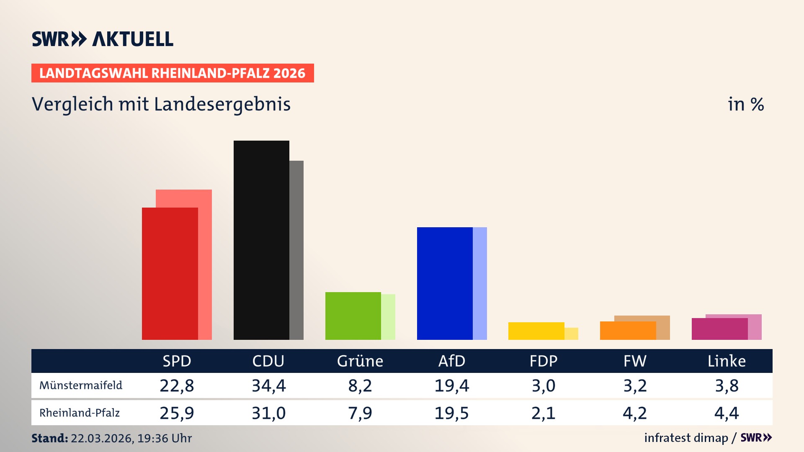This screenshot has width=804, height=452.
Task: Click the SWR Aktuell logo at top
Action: pyautogui.click(x=102, y=39)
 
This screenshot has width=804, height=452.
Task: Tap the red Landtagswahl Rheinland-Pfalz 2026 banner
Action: pyautogui.click(x=173, y=73)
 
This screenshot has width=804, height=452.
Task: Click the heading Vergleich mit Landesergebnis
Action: pyautogui.click(x=161, y=104)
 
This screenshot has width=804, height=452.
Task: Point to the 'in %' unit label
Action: pyautogui.click(x=745, y=104)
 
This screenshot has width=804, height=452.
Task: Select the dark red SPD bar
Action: pyautogui.click(x=170, y=274)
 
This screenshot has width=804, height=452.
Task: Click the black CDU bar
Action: pyautogui.click(x=261, y=241)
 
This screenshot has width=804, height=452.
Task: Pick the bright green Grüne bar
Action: pyautogui.click(x=353, y=316)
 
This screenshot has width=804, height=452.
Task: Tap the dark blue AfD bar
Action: pyautogui.click(x=445, y=284)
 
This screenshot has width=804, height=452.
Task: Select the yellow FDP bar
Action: pyautogui.click(x=536, y=331)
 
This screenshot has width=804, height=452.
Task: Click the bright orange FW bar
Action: pyautogui.click(x=628, y=331)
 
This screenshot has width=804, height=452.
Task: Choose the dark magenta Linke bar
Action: pyautogui.click(x=719, y=329)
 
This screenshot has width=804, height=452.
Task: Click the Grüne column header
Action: pyautogui.click(x=360, y=361)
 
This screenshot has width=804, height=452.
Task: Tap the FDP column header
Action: pyautogui.click(x=544, y=361)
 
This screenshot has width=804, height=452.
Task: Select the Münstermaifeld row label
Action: pyautogui.click(x=81, y=385)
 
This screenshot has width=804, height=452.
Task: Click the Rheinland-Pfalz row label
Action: pyautogui.click(x=80, y=413)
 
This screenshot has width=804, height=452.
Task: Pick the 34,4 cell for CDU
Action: pyautogui.click(x=268, y=385)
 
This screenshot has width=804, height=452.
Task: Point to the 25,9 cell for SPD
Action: pyautogui.click(x=177, y=413)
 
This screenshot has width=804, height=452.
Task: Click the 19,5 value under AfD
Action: pyautogui.click(x=451, y=413)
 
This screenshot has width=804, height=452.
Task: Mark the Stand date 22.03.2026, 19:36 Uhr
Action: pyautogui.click(x=131, y=438)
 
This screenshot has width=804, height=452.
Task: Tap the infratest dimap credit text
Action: pyautogui.click(x=686, y=438)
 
